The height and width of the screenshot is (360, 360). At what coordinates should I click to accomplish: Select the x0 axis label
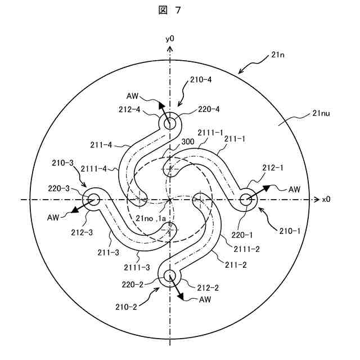tap(326, 199)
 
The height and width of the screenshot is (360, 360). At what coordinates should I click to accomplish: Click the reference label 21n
tap(277, 54)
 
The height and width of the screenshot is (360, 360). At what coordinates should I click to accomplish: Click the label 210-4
tap(201, 80)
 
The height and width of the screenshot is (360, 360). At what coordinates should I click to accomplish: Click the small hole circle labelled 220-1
tap(246, 199)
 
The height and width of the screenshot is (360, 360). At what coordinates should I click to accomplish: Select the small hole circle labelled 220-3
tap(92, 199)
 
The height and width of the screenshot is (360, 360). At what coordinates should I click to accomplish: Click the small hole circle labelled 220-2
tap(169, 275)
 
